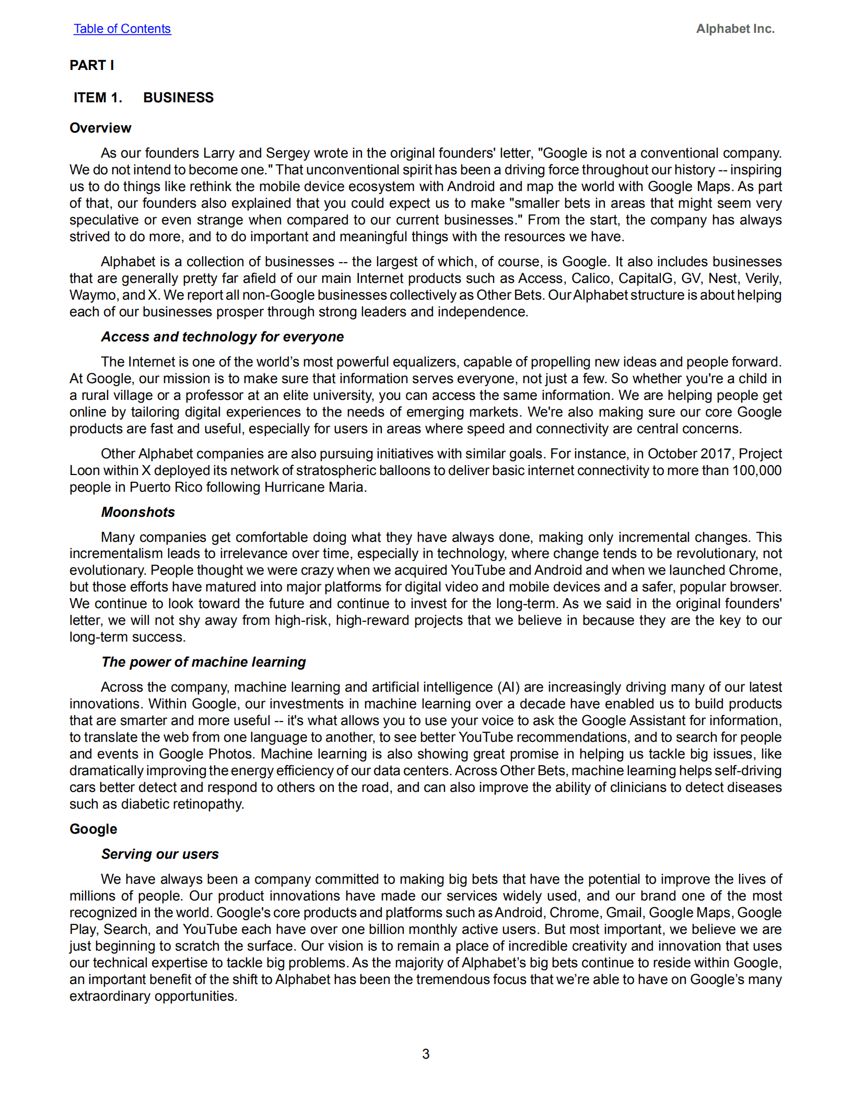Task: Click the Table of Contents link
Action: pyautogui.click(x=122, y=29)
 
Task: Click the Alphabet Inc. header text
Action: pyautogui.click(x=734, y=29)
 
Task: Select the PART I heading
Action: pyautogui.click(x=91, y=65)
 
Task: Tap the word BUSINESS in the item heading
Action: pyautogui.click(x=178, y=98)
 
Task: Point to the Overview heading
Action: pyautogui.click(x=100, y=128)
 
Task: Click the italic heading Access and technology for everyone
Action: pyautogui.click(x=222, y=337)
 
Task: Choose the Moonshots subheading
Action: pyautogui.click(x=138, y=512)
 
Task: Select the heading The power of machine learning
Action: pyautogui.click(x=203, y=662)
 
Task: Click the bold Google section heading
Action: pyautogui.click(x=93, y=829)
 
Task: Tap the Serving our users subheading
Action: pyautogui.click(x=160, y=854)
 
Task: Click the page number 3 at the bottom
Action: pyautogui.click(x=426, y=1054)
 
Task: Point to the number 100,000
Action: pyautogui.click(x=756, y=470)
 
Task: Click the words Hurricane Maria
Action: pyautogui.click(x=313, y=487)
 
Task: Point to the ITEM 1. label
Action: pyautogui.click(x=98, y=98)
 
